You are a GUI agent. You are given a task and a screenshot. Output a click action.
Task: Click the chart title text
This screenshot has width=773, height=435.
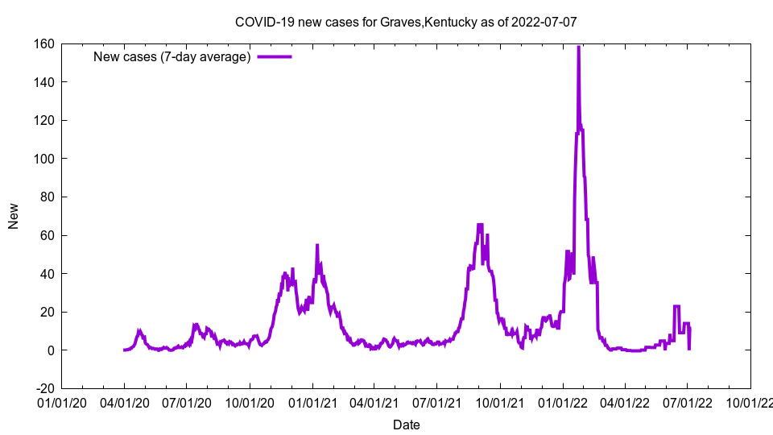[406, 23]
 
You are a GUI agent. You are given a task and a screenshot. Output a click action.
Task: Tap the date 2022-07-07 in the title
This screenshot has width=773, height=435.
[544, 23]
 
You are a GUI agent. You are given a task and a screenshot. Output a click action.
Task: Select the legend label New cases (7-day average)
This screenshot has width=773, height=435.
[172, 56]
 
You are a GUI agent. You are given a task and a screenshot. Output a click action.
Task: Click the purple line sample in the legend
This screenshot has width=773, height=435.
[275, 56]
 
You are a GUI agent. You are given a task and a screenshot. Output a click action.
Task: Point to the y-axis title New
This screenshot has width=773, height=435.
[14, 216]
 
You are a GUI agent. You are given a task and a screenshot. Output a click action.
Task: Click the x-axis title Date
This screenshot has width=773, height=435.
[406, 425]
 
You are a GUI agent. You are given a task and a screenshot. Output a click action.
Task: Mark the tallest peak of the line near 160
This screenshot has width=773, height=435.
[578, 48]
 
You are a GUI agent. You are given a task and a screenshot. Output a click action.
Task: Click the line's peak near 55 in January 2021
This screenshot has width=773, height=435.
[317, 246]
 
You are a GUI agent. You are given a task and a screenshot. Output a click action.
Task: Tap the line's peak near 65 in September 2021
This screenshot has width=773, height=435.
[480, 226]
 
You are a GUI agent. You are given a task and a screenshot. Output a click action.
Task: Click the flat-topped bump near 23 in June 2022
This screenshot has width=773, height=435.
[677, 306]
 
